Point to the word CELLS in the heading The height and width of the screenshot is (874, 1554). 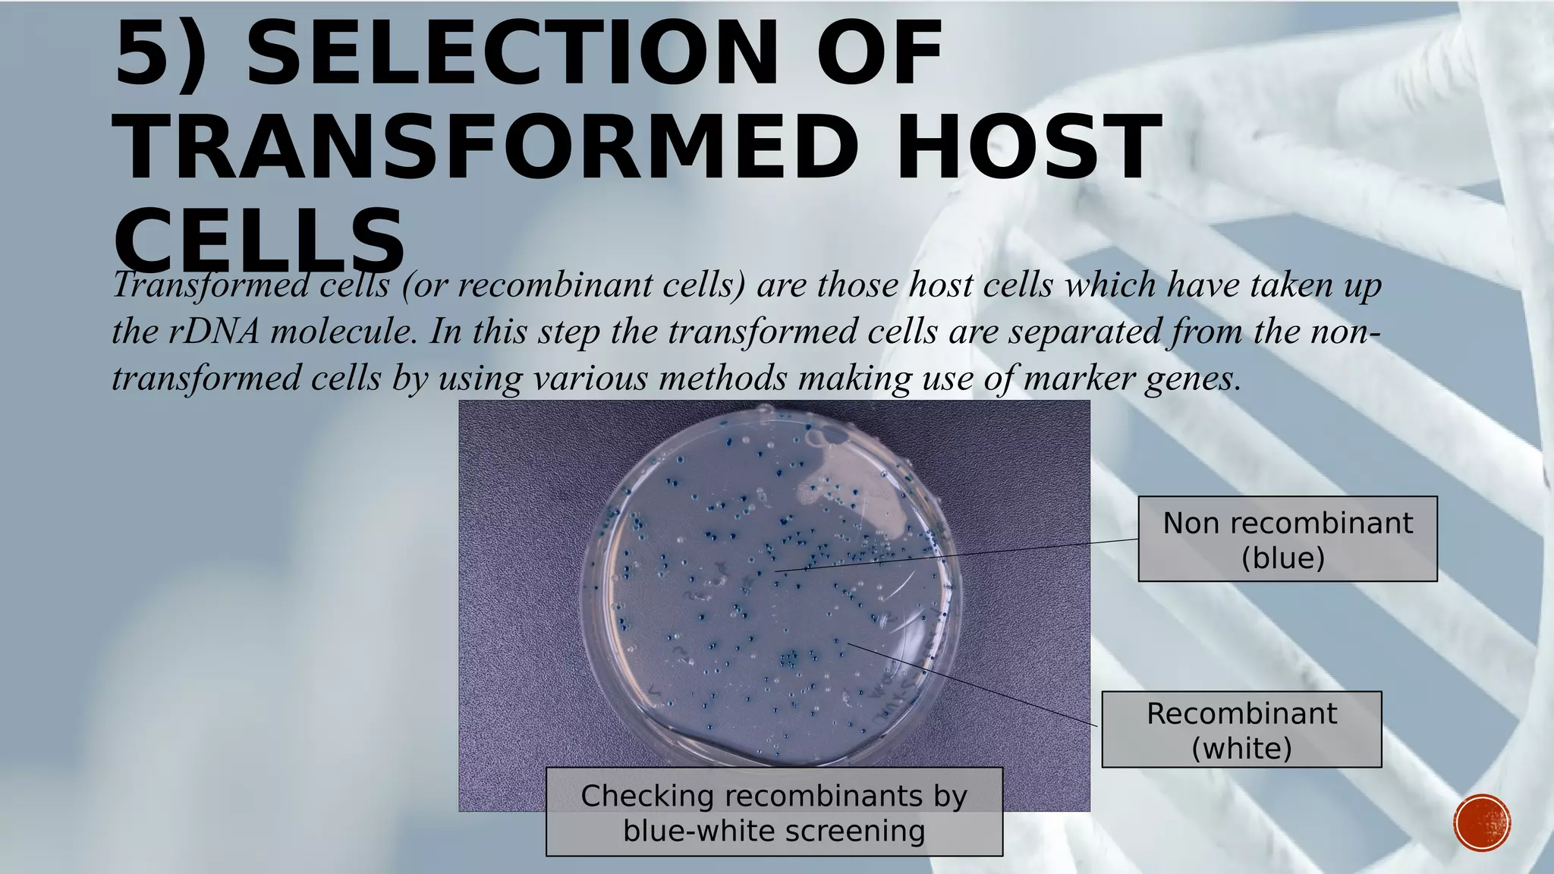coord(258,239)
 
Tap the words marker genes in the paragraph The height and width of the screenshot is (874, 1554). coord(1131,378)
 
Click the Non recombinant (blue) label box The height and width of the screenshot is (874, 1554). coord(1287,539)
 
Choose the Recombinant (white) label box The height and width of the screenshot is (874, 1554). coord(1241,729)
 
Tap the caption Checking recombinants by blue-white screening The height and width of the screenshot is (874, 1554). coord(774,812)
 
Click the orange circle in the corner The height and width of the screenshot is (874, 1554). coord(1482,822)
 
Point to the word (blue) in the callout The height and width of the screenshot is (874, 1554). coord(1283,558)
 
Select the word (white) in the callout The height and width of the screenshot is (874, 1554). coord(1241,748)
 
